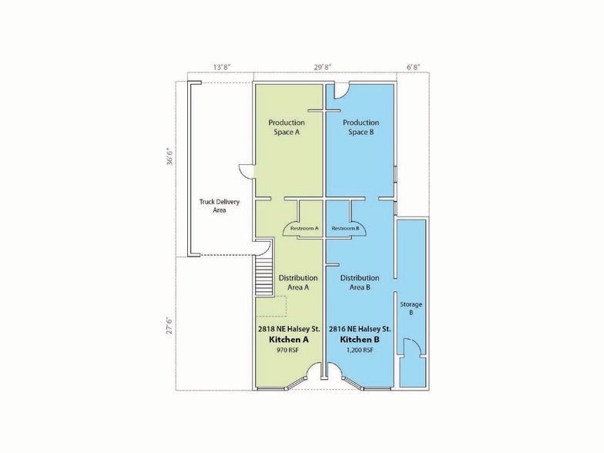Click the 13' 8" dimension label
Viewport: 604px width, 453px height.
click(222, 67)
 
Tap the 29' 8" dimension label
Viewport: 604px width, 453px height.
click(322, 67)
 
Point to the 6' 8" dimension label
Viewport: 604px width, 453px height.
click(413, 67)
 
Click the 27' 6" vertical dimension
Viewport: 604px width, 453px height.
click(169, 326)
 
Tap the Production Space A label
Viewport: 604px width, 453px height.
click(287, 127)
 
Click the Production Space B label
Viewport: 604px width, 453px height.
click(361, 127)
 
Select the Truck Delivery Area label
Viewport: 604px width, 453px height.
click(219, 206)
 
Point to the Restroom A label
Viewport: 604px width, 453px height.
click(304, 228)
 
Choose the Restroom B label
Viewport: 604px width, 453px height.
click(345, 228)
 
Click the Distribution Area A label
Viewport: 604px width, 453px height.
click(298, 282)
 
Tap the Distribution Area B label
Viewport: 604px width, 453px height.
click(360, 282)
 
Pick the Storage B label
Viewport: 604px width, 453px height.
click(411, 308)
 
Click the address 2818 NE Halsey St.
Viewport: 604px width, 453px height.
click(289, 329)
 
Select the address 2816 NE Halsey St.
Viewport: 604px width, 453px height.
click(360, 329)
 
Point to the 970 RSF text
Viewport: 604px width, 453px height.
click(288, 351)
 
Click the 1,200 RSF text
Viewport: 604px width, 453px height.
click(360, 351)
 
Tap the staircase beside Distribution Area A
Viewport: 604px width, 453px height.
click(263, 277)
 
